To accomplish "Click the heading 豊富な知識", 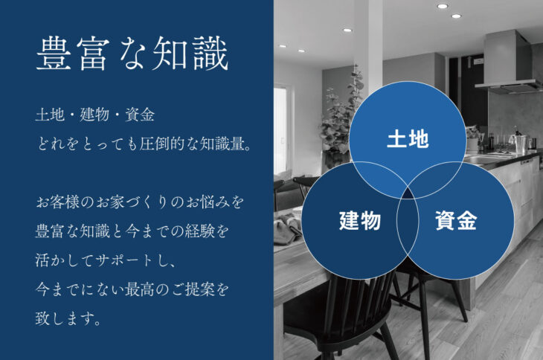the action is (132, 54).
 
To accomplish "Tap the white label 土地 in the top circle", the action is (408, 139).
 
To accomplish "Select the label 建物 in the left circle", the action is (360, 220).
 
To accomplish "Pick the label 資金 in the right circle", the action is (456, 220).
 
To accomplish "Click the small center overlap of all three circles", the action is (408, 194).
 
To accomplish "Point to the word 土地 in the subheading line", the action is (51, 115).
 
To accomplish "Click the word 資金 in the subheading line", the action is (140, 115).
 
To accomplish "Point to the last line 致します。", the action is (68, 318).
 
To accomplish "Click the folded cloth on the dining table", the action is (286, 228).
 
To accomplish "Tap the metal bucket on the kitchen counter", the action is (521, 144).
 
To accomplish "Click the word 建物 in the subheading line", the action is (95, 115).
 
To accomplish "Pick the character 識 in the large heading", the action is (211, 54).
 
